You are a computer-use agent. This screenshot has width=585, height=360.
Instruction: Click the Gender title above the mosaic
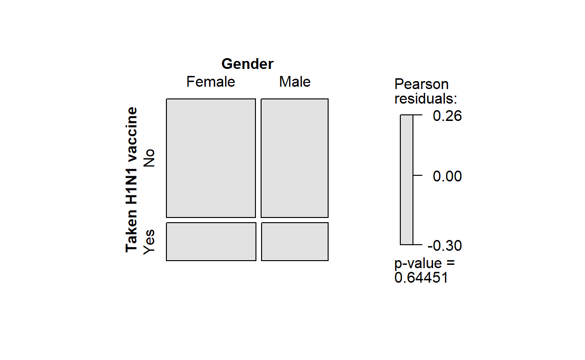[x=247, y=64]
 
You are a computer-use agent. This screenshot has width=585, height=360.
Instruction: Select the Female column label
[x=210, y=82]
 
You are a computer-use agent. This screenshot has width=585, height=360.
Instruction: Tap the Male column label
[x=295, y=82]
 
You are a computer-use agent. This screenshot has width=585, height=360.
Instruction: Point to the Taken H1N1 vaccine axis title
[x=132, y=180]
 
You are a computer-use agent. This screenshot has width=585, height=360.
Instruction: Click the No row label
[x=149, y=158]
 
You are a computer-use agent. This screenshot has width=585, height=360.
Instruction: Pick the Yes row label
[x=149, y=242]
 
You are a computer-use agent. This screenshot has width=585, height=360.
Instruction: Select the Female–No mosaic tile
[x=211, y=158]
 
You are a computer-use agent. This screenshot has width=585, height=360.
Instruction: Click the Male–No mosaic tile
[x=294, y=158]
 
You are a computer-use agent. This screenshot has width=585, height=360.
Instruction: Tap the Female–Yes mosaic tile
[x=211, y=241]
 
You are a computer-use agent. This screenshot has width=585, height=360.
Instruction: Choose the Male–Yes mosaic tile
[x=294, y=241]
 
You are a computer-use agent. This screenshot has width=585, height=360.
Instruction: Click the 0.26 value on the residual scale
[x=447, y=116]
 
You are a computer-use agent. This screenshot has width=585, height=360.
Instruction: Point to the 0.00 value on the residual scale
[x=447, y=176]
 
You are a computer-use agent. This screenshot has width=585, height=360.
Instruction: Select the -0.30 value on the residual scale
[x=445, y=246]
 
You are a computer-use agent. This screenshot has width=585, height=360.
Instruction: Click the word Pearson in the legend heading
[x=421, y=84]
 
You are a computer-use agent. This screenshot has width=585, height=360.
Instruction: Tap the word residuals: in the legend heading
[x=426, y=99]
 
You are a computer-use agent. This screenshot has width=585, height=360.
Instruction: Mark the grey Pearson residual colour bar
[x=406, y=180]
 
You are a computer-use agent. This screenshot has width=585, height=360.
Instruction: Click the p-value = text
[x=424, y=263]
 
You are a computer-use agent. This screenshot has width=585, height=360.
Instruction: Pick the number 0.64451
[x=421, y=278]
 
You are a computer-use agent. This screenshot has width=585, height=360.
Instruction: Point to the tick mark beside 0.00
[x=418, y=175]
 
